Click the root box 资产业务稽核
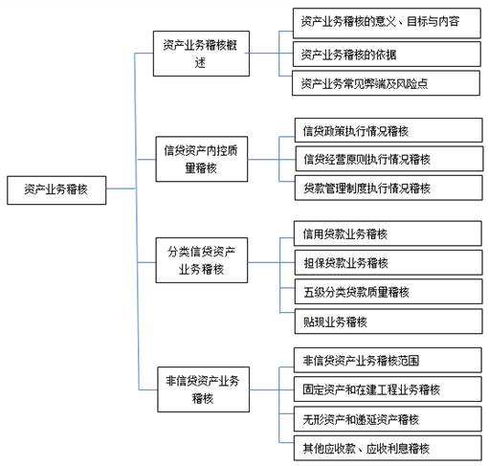(x=56, y=190)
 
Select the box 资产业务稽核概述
(x=201, y=54)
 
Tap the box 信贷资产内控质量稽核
(x=202, y=159)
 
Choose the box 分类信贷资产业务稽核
(x=202, y=260)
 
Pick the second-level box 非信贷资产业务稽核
(x=203, y=389)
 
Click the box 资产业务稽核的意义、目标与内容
(x=387, y=23)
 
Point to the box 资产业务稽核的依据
(x=387, y=55)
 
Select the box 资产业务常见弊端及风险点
(x=386, y=83)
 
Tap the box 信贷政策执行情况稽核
(x=388, y=130)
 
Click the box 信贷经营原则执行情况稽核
(x=389, y=159)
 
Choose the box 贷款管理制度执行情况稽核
(x=388, y=188)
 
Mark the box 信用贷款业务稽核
(x=388, y=233)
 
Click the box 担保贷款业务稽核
(x=388, y=263)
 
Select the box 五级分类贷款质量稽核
(x=388, y=292)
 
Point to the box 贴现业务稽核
(x=388, y=322)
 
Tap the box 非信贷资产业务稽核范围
(x=388, y=360)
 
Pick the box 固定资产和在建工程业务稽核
(x=388, y=389)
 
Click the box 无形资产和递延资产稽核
(x=388, y=419)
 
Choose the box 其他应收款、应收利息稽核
(x=388, y=448)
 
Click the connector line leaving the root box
(x=122, y=189)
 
